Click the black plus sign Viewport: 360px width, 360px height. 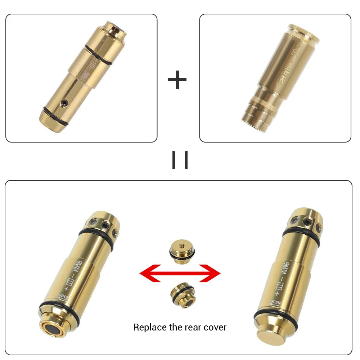(x=177, y=80)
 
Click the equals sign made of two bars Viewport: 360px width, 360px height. (x=180, y=160)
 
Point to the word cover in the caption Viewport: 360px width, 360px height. (x=215, y=327)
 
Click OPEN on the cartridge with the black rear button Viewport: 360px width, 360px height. (x=63, y=297)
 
